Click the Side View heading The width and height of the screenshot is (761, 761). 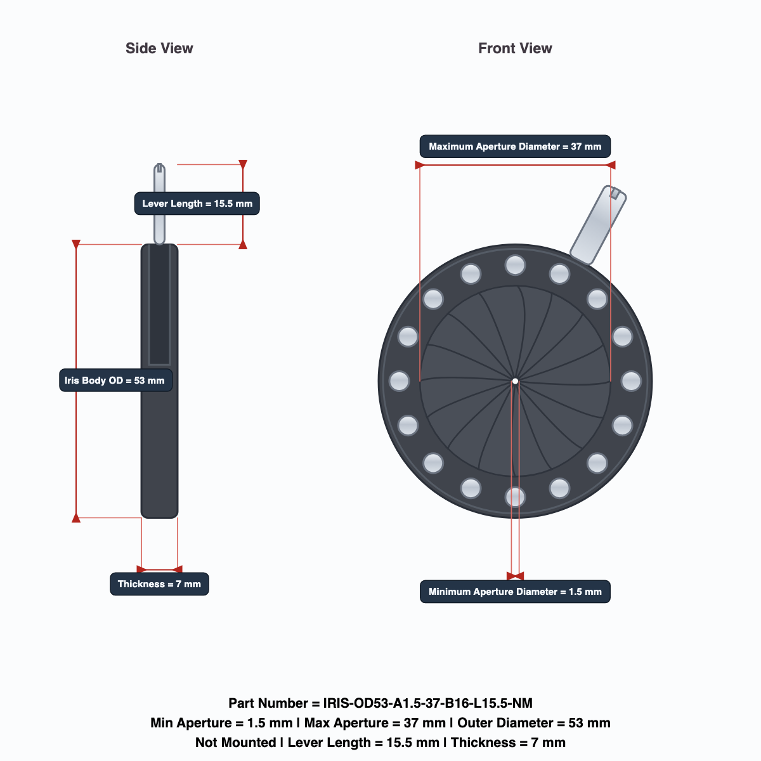click(159, 48)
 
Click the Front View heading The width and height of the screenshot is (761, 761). click(515, 48)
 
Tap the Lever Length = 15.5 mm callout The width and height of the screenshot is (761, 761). click(197, 204)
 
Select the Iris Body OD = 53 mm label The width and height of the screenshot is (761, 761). click(115, 380)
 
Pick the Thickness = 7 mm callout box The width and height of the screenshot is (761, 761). click(159, 583)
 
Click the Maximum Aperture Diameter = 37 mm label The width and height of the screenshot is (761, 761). click(515, 146)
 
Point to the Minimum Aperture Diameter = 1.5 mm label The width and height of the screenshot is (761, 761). click(515, 592)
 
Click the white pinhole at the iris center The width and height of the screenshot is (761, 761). click(515, 381)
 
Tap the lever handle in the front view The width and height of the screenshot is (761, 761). click(598, 224)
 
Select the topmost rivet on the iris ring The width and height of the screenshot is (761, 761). click(515, 265)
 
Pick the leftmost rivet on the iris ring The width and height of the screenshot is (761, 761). click(399, 381)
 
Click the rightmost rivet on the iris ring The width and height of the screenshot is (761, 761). click(631, 381)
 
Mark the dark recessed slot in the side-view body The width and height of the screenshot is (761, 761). click(159, 304)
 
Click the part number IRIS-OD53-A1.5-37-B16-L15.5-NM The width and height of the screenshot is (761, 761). click(427, 703)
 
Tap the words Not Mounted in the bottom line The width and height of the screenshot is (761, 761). click(236, 743)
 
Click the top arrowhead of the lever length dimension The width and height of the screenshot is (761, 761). click(243, 164)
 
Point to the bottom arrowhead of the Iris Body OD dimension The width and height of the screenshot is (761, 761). click(76, 517)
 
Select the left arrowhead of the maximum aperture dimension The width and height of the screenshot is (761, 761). click(420, 165)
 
